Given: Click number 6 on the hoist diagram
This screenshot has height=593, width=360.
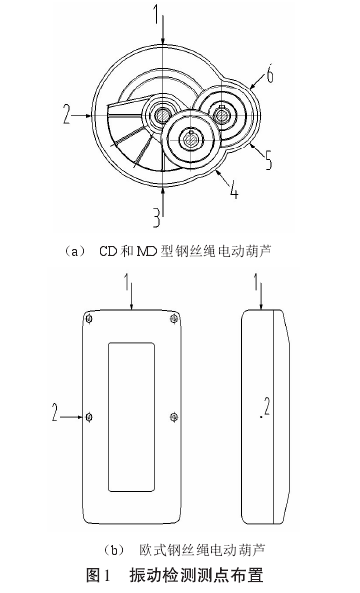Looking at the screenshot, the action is (x=270, y=74).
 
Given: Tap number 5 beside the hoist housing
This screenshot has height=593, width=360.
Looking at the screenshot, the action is (x=268, y=160).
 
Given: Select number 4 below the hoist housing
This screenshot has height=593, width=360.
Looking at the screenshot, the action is (x=234, y=189).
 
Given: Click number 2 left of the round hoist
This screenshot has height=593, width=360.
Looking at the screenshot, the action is (x=67, y=115).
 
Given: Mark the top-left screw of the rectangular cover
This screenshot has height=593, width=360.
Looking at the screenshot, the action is (x=90, y=318).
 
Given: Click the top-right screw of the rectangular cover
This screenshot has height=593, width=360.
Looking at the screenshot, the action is (x=174, y=318).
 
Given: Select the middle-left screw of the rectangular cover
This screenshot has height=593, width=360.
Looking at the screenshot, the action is (x=90, y=417).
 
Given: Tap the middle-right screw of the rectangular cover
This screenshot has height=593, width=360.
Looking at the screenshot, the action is (x=174, y=417).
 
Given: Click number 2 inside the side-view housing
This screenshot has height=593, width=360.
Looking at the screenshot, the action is (x=267, y=407).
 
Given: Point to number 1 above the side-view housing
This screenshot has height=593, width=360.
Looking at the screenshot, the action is (x=256, y=283).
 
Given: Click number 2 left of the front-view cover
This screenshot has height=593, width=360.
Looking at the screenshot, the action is (x=56, y=412).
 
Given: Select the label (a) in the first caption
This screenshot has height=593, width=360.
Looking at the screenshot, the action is (x=74, y=251).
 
